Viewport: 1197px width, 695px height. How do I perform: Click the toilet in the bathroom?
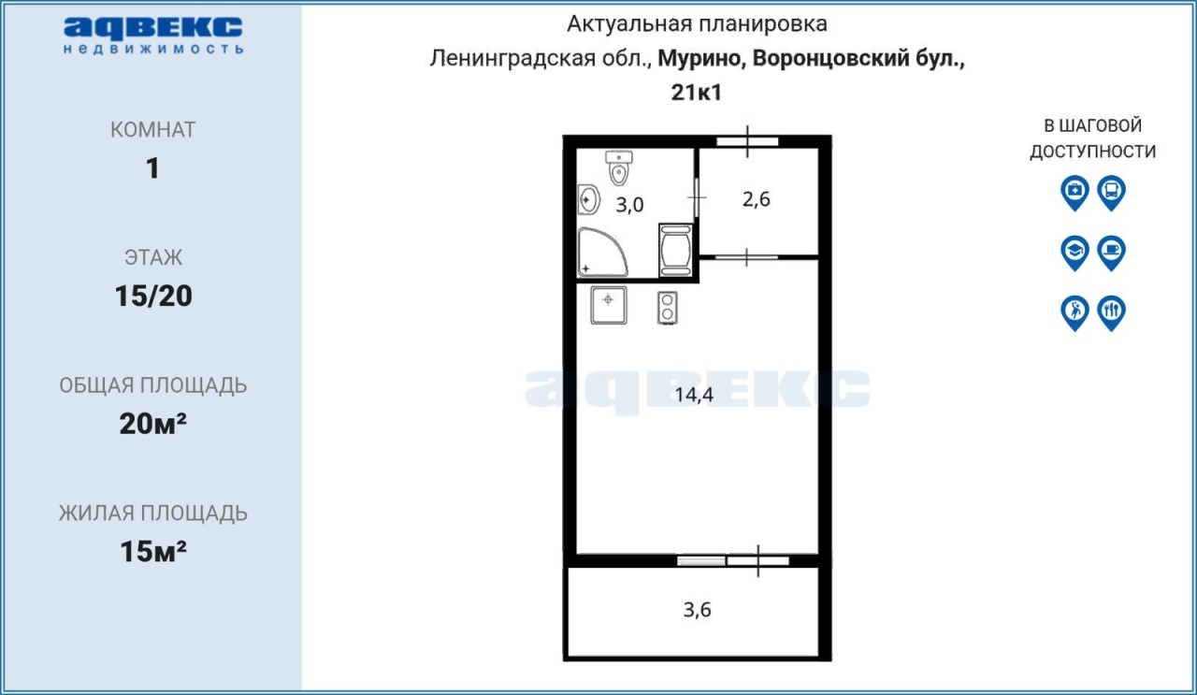pos(619,167)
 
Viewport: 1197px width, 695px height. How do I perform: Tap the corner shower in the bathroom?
pos(601,253)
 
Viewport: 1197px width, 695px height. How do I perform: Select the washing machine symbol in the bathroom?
pos(676,250)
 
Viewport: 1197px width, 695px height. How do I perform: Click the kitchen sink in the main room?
pos(609,305)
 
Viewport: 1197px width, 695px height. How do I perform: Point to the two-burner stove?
pos(668,308)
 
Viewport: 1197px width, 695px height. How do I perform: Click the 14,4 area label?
pos(694,395)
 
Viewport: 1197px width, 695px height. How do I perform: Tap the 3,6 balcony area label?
pos(697,610)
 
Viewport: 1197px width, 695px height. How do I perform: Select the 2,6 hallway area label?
pos(757,199)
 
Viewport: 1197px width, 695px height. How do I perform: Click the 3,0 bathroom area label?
pos(629,205)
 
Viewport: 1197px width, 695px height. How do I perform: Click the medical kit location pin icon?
pos(1074,193)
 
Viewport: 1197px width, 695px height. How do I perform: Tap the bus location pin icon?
pos(1112,193)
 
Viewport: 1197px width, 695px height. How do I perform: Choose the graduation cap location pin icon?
pos(1074,253)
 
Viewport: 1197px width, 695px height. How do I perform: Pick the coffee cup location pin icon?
pos(1112,253)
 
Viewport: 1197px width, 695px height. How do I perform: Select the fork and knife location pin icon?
pos(1112,312)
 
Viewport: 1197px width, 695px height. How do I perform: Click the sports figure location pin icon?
pos(1074,312)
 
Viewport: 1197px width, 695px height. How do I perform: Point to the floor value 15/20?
pos(153,296)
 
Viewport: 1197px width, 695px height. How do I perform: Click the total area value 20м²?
pos(152,424)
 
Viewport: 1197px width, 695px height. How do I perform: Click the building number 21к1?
pos(697,93)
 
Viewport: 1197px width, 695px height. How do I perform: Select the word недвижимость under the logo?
pos(153,49)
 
